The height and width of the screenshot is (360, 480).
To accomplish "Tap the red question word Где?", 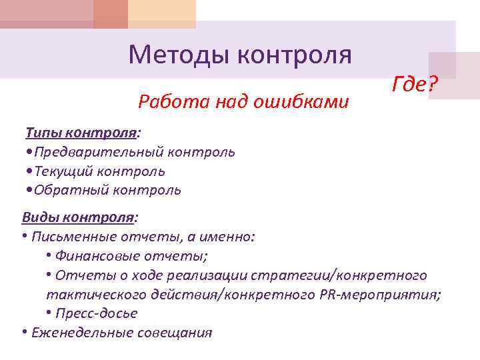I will (415, 85).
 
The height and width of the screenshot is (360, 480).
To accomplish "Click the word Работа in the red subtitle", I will (163, 101).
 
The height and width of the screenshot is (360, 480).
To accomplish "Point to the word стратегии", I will (291, 275).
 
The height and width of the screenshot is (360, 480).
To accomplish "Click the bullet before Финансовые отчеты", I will (50, 255).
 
